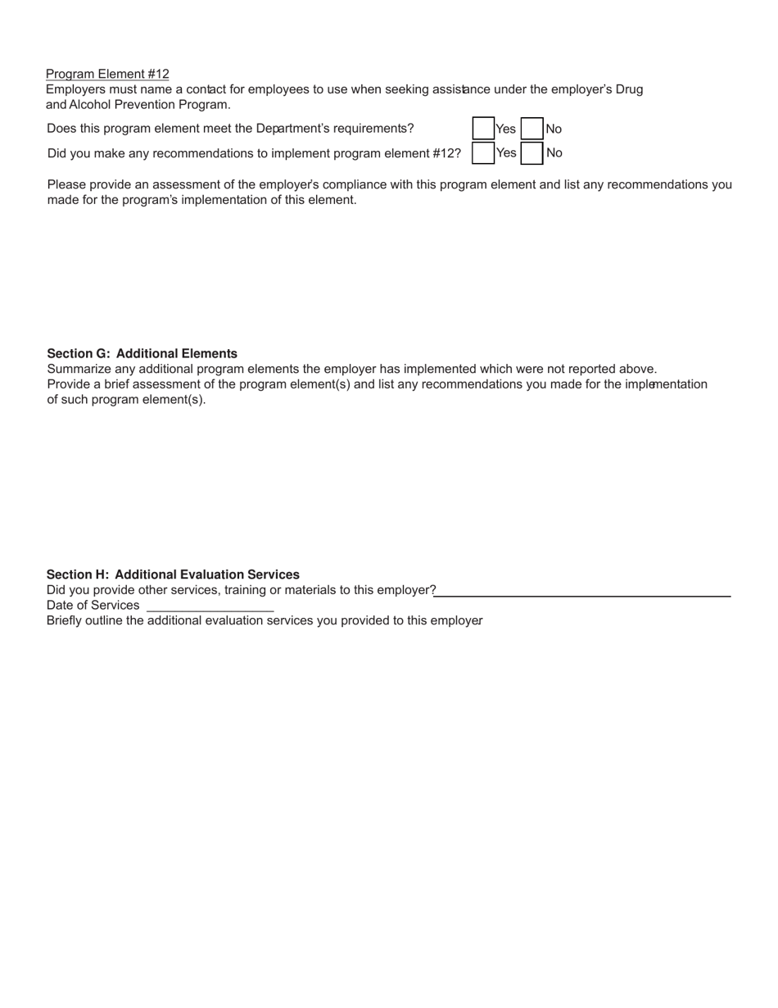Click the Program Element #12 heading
tap(107, 74)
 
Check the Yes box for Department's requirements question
tap(483, 129)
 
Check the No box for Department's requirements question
tap(532, 129)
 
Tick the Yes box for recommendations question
tap(483, 153)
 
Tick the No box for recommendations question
tap(532, 153)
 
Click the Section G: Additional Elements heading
tap(142, 353)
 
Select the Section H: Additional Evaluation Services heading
tap(173, 574)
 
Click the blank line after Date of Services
tap(210, 607)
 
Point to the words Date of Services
tap(93, 606)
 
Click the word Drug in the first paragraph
tap(628, 89)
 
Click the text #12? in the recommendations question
tap(446, 153)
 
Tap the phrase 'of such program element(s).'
tap(126, 400)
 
